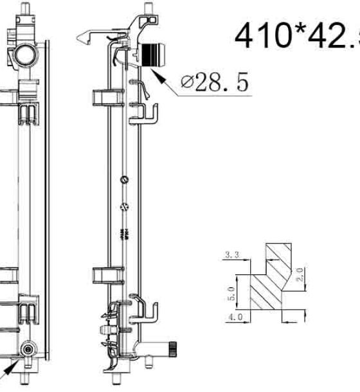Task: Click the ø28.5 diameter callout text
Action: click(x=215, y=82)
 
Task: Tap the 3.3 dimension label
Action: click(x=233, y=254)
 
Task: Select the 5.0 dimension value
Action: click(x=231, y=294)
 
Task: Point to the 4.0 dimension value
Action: click(x=236, y=317)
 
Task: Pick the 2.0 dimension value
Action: click(x=300, y=274)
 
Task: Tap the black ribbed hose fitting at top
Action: click(x=154, y=55)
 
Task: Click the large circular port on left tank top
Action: click(x=25, y=54)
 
